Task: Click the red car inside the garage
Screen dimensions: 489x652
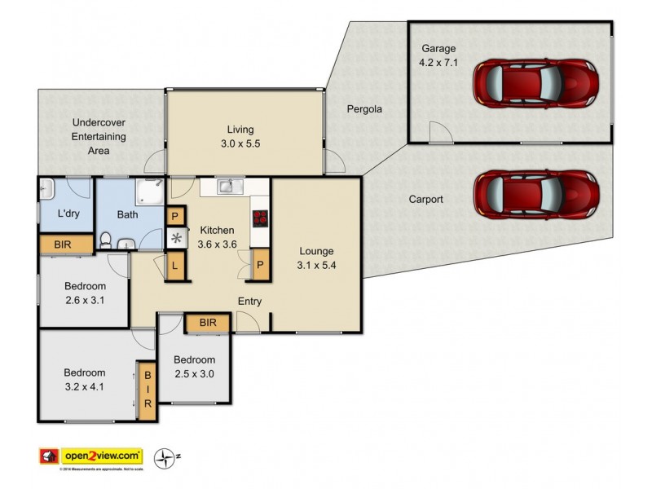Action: coord(536,81)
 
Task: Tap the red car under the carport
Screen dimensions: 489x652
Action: coord(536,196)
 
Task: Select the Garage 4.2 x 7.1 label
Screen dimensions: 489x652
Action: coord(439,55)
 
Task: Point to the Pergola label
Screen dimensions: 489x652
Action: coord(364,108)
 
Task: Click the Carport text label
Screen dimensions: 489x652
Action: coord(425,199)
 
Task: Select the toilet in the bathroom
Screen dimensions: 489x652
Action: coord(105,240)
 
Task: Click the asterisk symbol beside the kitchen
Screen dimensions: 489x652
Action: coord(175,239)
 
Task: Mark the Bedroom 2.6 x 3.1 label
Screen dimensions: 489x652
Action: coord(85,293)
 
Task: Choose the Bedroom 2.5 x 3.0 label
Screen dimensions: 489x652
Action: coord(194,366)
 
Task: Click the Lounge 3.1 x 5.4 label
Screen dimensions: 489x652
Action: coord(316,257)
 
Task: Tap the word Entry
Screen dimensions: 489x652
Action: coord(249,302)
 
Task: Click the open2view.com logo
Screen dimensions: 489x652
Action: coord(91,456)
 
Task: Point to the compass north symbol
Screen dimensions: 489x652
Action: coord(165,456)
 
